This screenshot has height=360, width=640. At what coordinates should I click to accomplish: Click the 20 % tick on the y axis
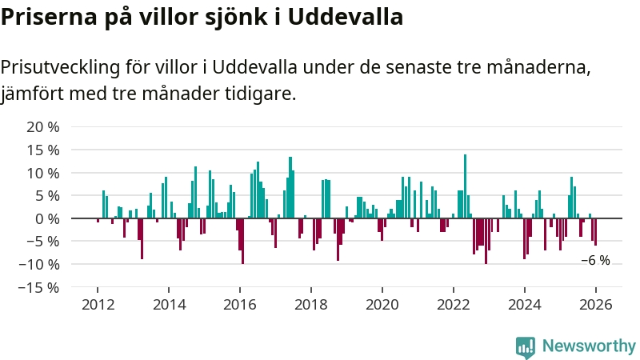click(43, 127)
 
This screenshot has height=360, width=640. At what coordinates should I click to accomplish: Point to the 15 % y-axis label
click(43, 150)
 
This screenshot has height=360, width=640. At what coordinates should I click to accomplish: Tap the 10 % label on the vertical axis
click(43, 174)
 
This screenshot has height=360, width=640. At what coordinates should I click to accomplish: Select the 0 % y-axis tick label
click(47, 218)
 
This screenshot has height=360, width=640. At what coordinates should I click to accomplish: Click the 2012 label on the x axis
click(97, 305)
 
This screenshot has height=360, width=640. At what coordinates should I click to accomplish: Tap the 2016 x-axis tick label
click(239, 305)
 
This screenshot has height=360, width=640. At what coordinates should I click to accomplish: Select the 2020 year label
click(382, 305)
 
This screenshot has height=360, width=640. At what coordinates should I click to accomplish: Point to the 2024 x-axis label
click(525, 305)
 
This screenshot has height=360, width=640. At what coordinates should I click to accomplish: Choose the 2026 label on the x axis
click(596, 305)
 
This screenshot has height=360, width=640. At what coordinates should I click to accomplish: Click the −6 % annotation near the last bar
click(595, 261)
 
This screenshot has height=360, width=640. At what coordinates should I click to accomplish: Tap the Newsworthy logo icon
click(526, 346)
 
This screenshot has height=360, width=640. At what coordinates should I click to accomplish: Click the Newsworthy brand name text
click(589, 346)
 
